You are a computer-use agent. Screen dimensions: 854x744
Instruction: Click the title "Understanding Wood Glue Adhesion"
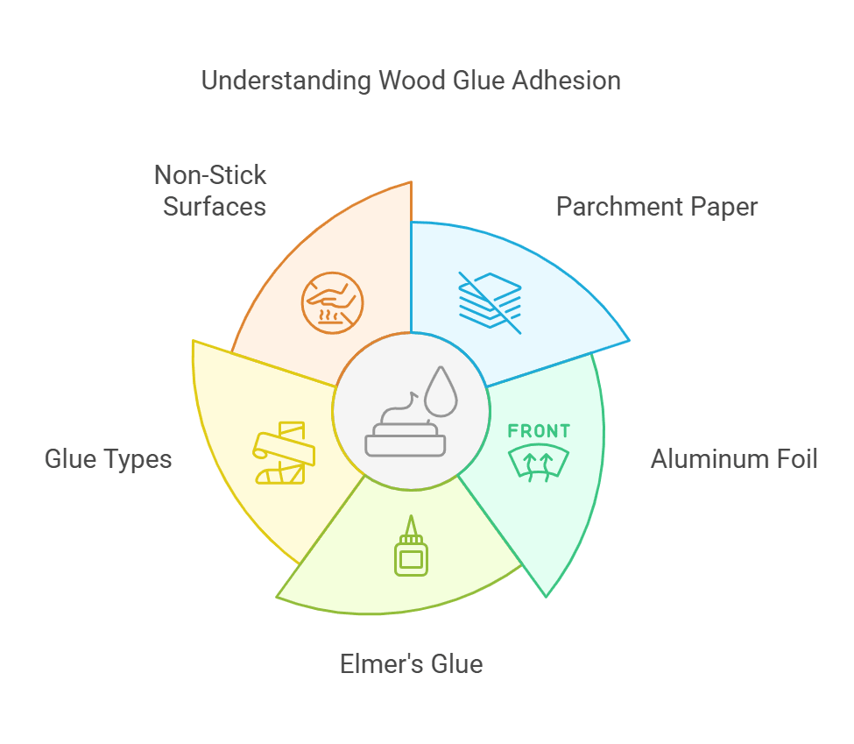point(411,81)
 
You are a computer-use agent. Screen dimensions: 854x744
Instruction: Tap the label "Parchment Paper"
point(657,207)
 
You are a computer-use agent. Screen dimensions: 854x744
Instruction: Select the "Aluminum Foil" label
point(734,458)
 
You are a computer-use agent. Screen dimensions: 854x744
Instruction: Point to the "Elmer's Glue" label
point(411,663)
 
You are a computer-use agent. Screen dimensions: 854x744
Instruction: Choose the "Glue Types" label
point(108,458)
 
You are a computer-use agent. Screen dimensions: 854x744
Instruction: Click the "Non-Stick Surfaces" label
point(211,191)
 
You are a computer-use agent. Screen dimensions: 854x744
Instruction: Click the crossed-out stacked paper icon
point(491,302)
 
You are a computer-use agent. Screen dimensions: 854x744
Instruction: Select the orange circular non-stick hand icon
point(332,303)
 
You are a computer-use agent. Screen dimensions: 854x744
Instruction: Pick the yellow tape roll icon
point(282,452)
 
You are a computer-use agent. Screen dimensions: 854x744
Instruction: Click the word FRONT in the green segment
point(539,431)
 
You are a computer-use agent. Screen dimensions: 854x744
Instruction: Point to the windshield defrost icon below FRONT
point(539,463)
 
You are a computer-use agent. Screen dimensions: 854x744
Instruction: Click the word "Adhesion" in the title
point(567,81)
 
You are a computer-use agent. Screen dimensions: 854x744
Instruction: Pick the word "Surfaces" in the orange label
point(215,208)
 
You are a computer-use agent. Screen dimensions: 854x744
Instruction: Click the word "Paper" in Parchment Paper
point(723,207)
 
